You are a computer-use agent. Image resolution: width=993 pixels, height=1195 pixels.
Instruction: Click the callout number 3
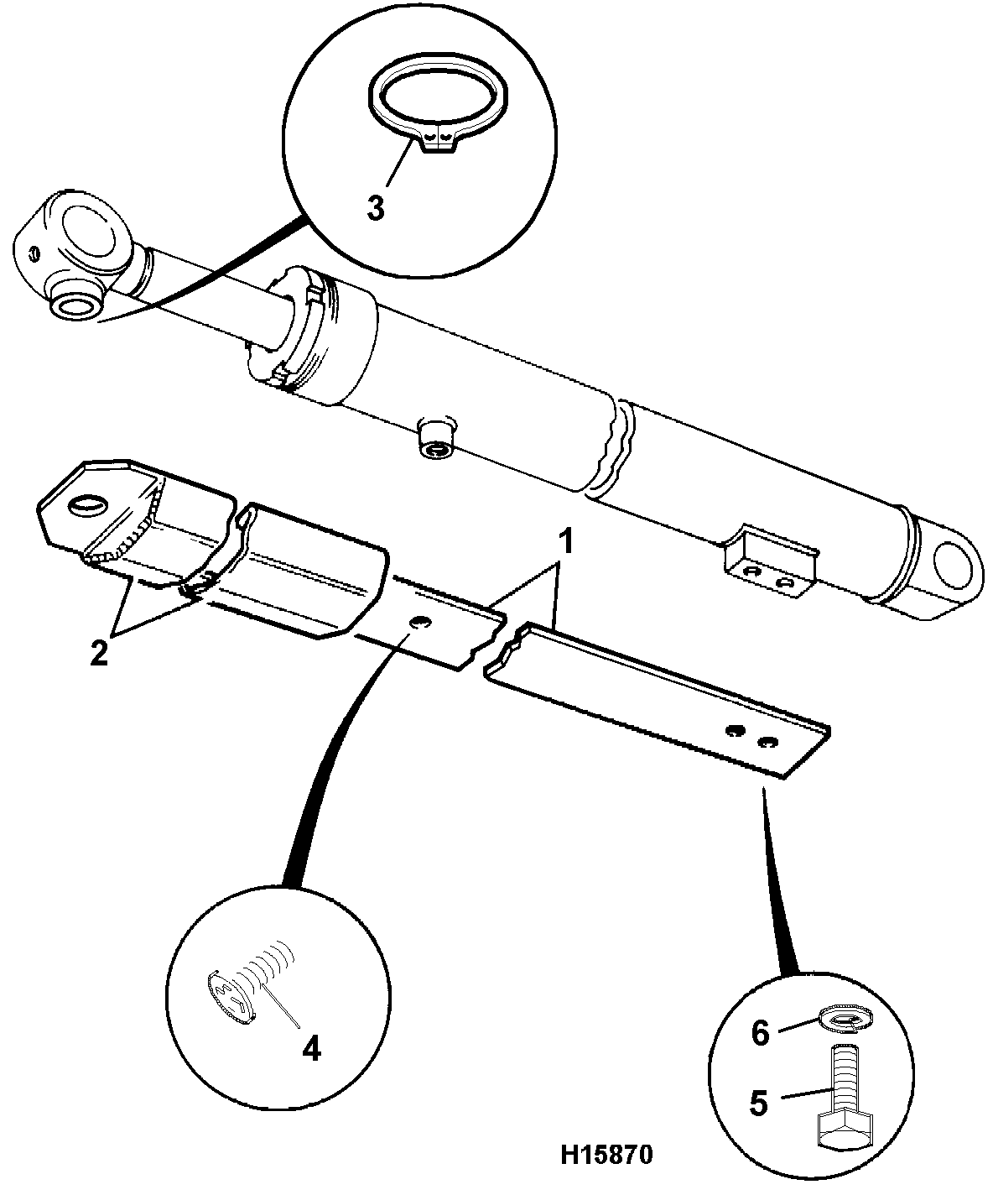(375, 208)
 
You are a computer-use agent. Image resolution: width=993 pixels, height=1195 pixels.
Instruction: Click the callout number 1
(565, 542)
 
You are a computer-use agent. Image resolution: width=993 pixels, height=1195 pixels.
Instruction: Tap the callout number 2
(99, 653)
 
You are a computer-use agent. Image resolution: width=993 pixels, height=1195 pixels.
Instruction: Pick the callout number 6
(760, 1034)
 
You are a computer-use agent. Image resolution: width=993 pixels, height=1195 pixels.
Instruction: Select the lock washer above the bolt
(843, 1020)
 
